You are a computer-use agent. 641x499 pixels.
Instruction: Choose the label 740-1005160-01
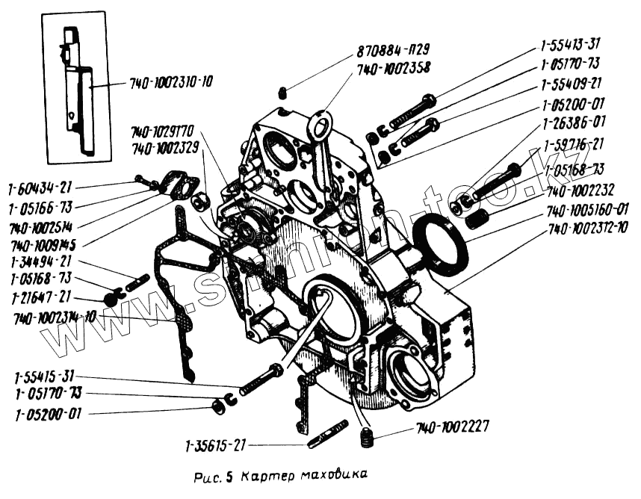(587, 208)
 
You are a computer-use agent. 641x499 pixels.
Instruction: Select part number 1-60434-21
(41, 187)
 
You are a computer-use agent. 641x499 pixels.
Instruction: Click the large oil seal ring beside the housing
(441, 241)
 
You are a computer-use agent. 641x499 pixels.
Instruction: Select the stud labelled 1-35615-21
(327, 436)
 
